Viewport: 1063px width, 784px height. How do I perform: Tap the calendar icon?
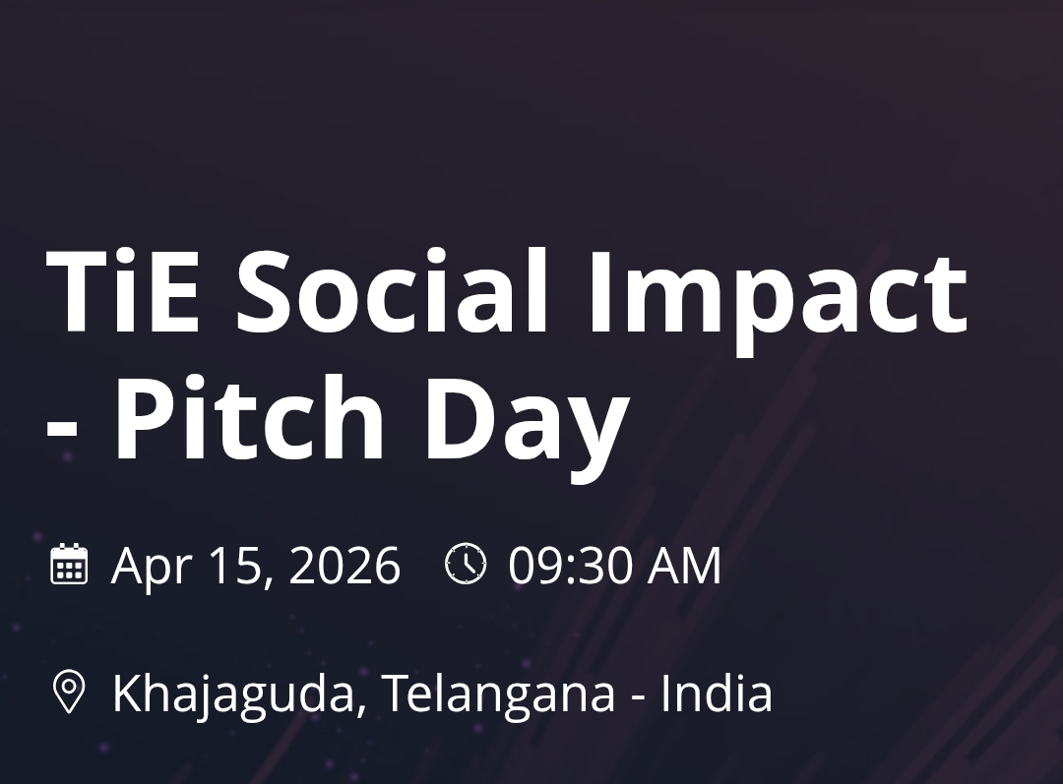tap(69, 565)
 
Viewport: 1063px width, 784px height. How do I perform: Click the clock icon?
tap(466, 564)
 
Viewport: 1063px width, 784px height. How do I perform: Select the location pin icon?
tap(68, 692)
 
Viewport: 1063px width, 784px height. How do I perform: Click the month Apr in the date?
tap(150, 568)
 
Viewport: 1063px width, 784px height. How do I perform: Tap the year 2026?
tap(345, 567)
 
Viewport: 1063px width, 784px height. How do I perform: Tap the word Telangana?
tap(498, 694)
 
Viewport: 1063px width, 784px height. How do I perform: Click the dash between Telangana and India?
tap(638, 696)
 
